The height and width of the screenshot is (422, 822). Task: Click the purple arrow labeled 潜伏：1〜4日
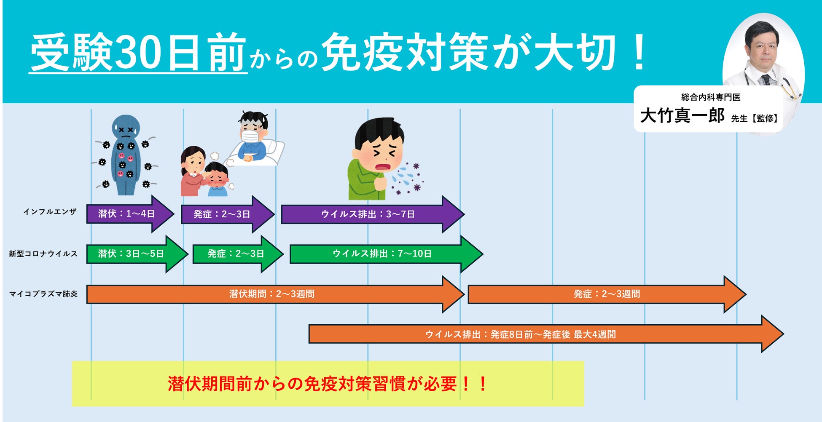point(126,214)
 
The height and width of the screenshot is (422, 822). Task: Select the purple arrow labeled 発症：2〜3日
point(222,214)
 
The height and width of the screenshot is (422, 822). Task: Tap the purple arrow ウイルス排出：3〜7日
point(368,214)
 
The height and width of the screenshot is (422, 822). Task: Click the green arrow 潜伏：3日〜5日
point(131,254)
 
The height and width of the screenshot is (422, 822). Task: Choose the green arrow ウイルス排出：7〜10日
point(382,254)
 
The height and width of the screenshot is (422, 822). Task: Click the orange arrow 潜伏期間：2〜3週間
point(272,294)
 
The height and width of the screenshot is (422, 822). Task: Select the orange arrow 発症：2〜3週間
point(607,294)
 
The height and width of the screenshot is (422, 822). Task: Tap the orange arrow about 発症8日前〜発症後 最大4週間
point(521,334)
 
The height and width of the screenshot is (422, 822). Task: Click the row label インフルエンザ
point(50,212)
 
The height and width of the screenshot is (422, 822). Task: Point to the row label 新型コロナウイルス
point(43,254)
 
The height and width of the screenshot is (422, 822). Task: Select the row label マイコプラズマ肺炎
point(43,294)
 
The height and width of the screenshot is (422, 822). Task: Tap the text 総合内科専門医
point(711,97)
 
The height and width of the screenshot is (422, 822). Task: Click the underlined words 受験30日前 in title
point(138,53)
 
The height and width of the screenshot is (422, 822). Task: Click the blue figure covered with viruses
point(125,156)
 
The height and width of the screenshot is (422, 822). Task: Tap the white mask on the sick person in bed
point(250,136)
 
